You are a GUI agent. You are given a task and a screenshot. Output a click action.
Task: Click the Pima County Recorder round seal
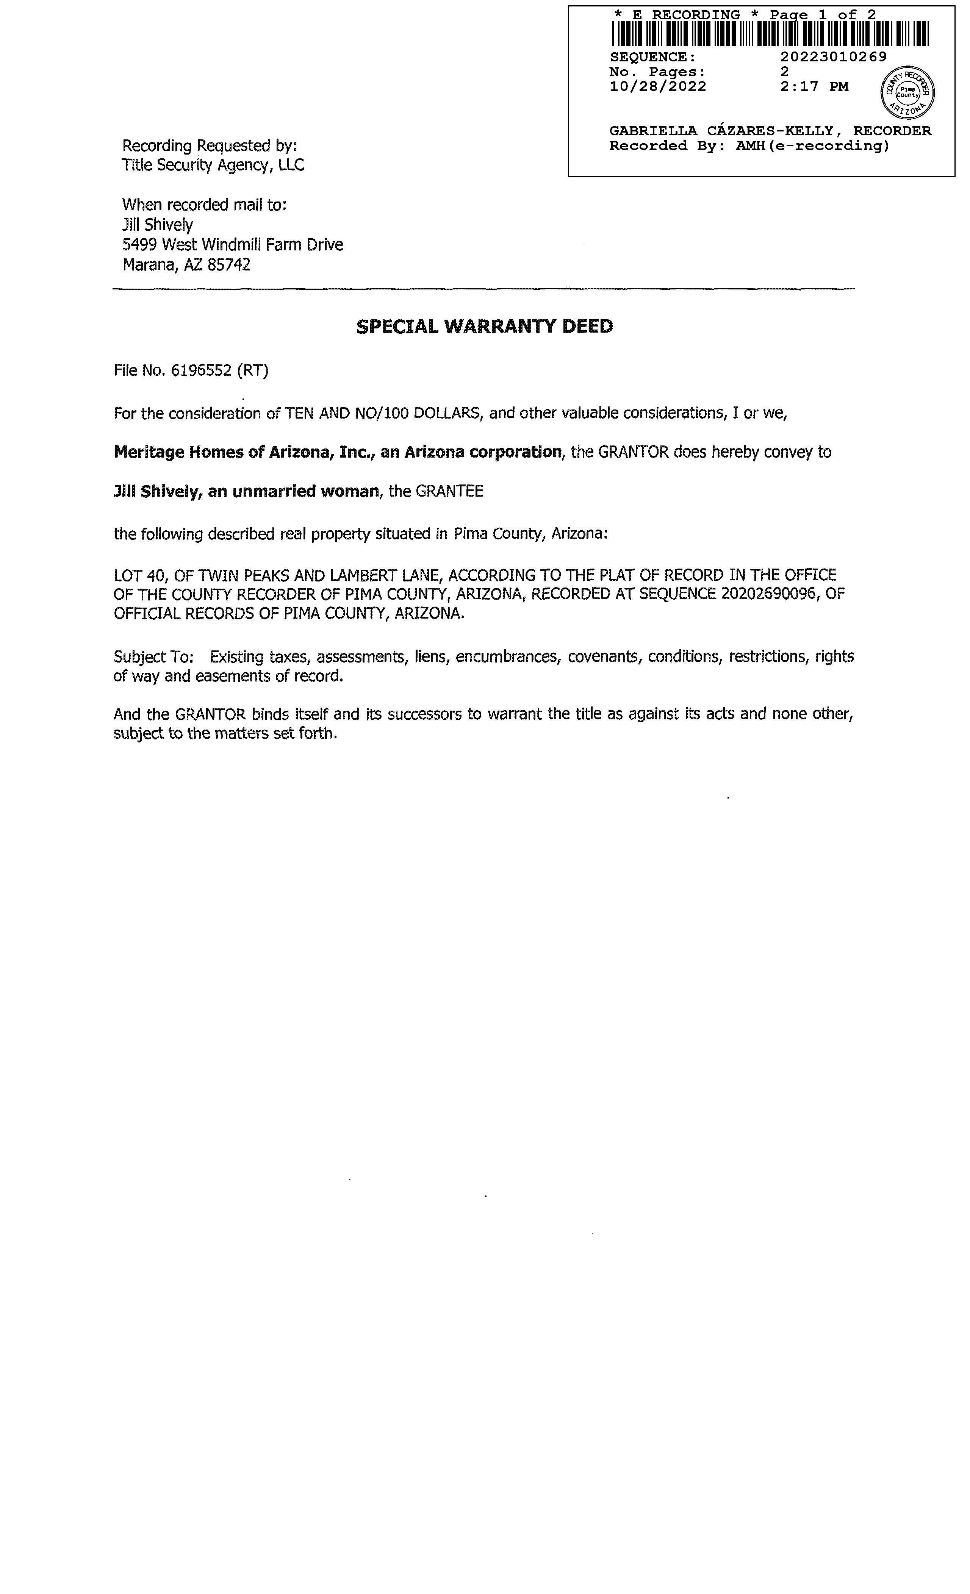point(907,92)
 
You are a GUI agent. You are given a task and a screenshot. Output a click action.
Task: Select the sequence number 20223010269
point(834,57)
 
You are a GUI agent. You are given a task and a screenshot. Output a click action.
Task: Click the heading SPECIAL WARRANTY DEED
point(485,326)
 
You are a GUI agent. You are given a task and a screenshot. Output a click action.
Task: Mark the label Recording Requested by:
point(210,145)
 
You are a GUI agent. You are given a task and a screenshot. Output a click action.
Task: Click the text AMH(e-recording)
point(812,146)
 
